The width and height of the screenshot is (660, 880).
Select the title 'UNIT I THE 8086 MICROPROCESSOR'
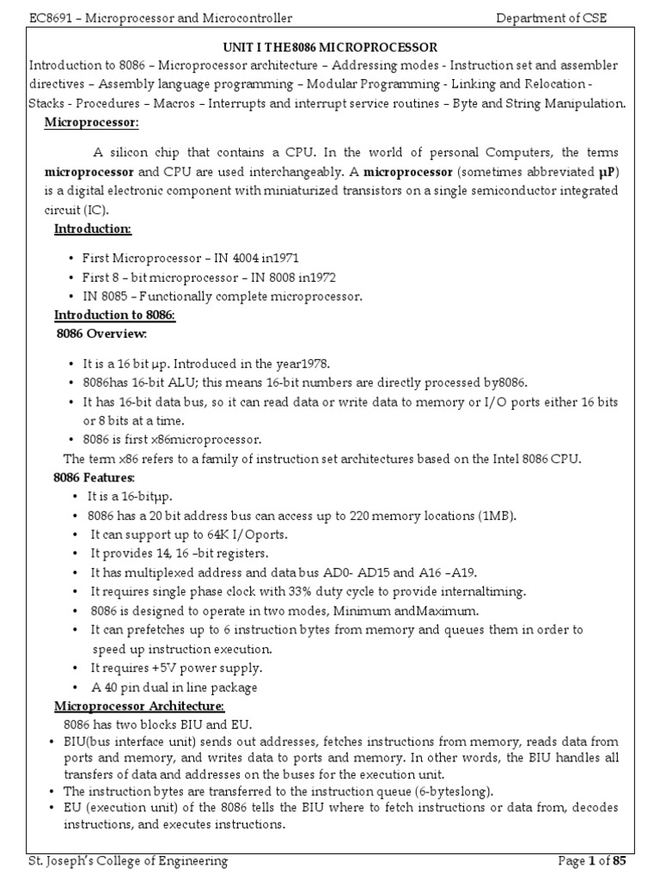tap(329, 47)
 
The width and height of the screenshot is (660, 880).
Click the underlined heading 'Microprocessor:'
tap(92, 124)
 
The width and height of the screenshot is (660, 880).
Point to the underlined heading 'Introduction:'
tap(93, 229)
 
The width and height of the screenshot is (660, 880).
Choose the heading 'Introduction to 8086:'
tap(114, 315)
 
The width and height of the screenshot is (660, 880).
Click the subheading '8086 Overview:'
tap(101, 333)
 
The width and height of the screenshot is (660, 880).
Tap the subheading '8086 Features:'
tap(95, 476)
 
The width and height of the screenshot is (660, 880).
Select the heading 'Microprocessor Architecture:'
tap(139, 706)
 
